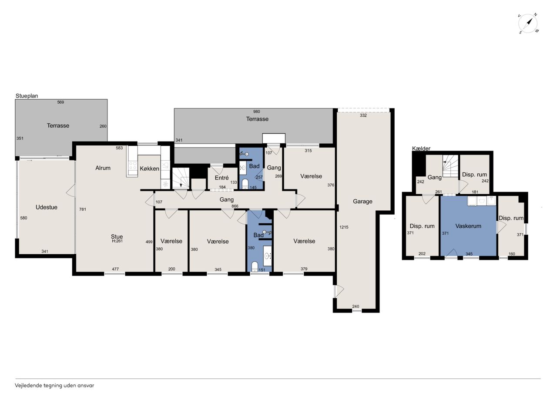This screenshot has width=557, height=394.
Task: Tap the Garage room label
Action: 362,202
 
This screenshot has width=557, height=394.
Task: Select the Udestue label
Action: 47,207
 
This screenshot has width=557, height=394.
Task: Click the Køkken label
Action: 149,168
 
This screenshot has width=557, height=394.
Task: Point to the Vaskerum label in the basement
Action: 468,226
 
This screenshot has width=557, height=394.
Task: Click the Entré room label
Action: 221,178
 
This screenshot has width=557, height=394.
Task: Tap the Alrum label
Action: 103,168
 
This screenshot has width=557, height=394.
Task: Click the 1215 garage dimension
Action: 344,227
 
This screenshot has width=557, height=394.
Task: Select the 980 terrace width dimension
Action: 257,112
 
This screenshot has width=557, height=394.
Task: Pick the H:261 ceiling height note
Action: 117,241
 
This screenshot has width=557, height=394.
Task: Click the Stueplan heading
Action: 27,96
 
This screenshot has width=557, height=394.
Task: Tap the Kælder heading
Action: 421,148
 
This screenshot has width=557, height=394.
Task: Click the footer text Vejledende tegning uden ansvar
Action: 54,386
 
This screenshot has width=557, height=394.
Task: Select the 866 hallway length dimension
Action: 235,206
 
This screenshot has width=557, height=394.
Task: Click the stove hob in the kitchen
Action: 132,166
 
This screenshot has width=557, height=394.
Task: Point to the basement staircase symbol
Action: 450,166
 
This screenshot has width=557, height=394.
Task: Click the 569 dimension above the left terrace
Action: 60,102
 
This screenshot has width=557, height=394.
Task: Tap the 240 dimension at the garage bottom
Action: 356,306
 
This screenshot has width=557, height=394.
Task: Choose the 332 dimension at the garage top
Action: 363,115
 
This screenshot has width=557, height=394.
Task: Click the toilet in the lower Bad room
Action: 255,266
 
